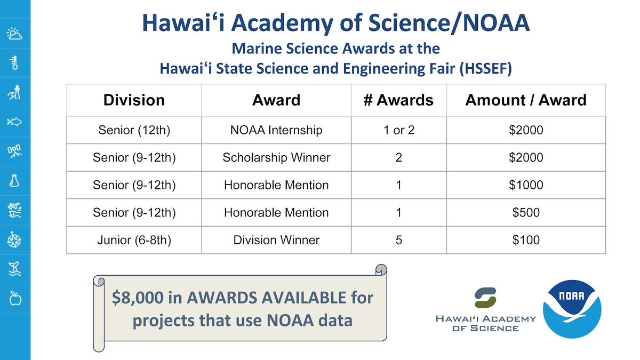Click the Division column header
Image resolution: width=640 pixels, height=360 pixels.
pos(134,100)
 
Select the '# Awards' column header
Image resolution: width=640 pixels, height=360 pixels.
pos(398,100)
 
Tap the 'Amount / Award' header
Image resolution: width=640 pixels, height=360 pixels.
pos(525,100)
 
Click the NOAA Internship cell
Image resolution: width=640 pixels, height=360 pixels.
pos(276,130)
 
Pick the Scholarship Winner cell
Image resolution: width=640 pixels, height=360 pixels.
pos(276,157)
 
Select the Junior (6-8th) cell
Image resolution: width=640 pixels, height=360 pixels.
pos(134,240)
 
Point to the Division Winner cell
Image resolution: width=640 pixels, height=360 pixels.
pos(276,240)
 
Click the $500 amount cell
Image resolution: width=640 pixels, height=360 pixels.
pos(525,212)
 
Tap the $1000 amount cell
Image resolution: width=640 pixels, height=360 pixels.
pos(525,185)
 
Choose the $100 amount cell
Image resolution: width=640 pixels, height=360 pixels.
pos(525,240)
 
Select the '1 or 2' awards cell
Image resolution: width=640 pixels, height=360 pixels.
pos(398,130)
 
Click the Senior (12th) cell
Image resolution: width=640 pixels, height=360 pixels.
pos(134,130)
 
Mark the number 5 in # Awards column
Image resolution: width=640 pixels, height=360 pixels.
pos(398,240)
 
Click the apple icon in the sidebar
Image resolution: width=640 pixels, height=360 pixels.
pos(15,299)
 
